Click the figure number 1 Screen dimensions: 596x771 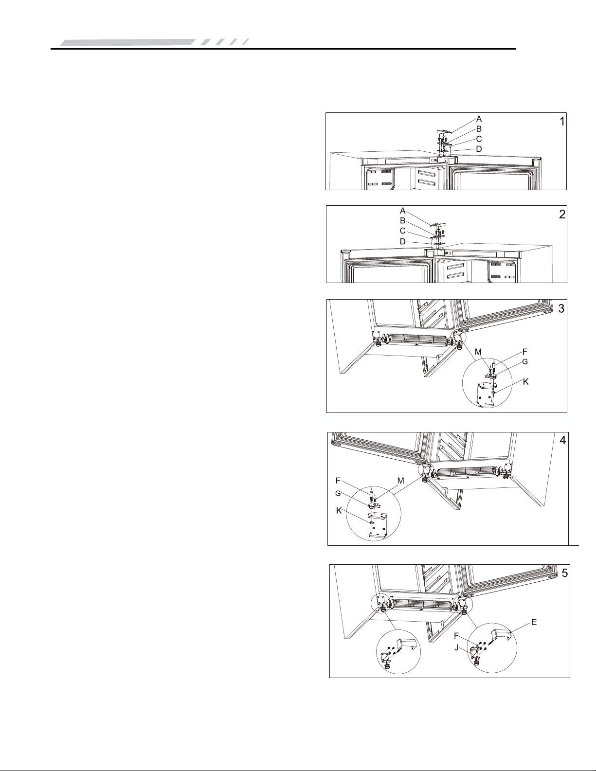point(561,122)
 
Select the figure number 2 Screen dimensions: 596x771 point(562,215)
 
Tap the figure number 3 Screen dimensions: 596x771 point(561,309)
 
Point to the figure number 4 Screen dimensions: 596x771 point(562,440)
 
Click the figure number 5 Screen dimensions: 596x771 point(565,573)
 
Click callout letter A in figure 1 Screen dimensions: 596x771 point(479,119)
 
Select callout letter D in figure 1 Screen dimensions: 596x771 point(479,149)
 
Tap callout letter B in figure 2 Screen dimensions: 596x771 point(403,221)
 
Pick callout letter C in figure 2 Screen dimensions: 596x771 point(403,231)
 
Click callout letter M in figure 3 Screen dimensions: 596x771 point(479,352)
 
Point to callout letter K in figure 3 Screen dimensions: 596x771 point(526,381)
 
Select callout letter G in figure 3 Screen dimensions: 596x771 point(525,361)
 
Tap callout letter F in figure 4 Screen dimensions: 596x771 point(338,481)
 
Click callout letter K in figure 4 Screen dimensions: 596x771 point(339,511)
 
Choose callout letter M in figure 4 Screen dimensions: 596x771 point(400,481)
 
